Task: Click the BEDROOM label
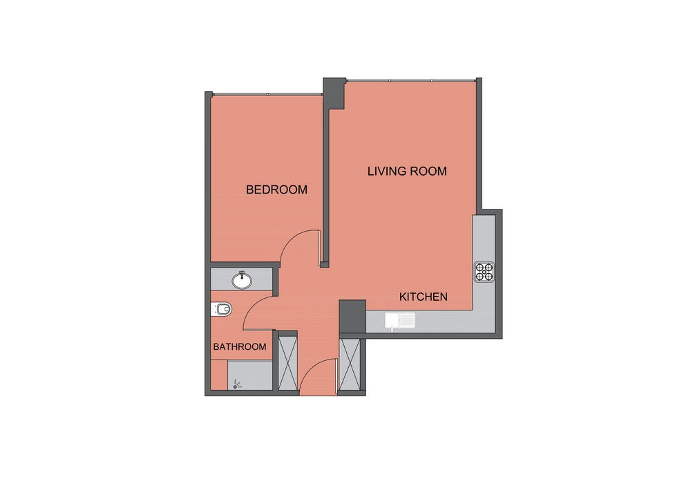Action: (276, 189)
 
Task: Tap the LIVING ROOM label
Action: (407, 171)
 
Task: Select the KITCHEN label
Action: (423, 297)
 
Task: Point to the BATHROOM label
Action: (240, 346)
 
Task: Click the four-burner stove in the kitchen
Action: (484, 272)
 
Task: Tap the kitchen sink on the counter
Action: (399, 322)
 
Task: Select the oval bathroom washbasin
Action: (242, 280)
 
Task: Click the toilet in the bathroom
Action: (222, 310)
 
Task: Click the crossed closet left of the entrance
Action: (288, 363)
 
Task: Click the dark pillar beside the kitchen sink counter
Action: (352, 317)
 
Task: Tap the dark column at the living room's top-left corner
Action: (334, 93)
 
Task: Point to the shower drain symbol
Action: (236, 384)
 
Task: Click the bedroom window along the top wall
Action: (267, 94)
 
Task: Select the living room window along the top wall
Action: (410, 80)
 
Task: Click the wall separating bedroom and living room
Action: (325, 187)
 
